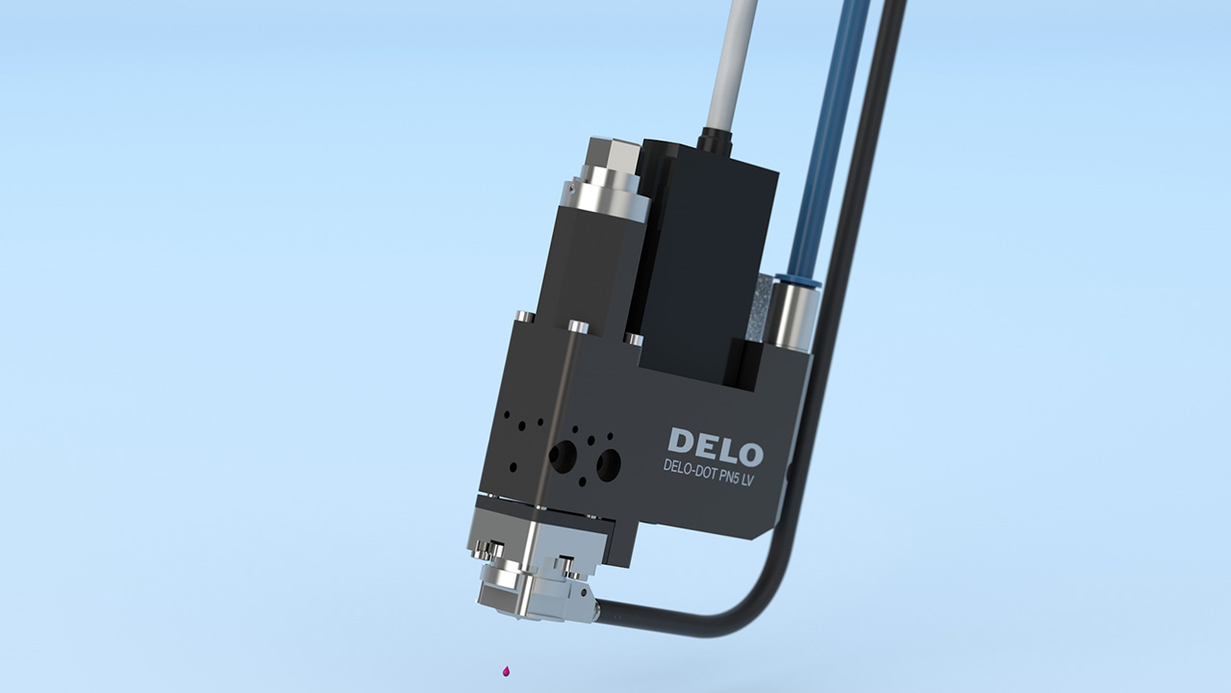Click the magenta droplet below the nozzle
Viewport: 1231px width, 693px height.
pyautogui.click(x=506, y=671)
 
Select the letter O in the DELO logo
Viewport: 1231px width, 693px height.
pyautogui.click(x=747, y=453)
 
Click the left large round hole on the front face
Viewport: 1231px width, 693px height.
pyautogui.click(x=562, y=455)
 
